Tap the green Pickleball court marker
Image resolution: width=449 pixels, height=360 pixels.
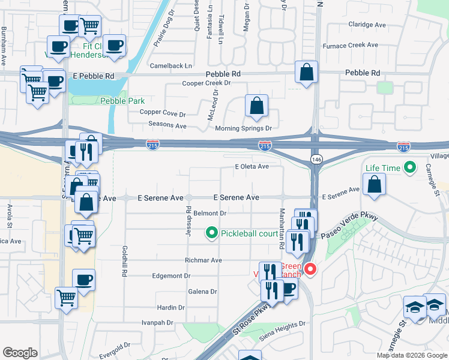click(211, 233)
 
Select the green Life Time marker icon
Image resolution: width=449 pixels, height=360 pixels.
click(411, 168)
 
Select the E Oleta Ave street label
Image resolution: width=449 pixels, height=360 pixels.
click(252, 167)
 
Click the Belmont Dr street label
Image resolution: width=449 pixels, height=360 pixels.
click(209, 213)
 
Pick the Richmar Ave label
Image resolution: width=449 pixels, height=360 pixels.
click(204, 260)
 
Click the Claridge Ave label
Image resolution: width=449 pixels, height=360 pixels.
click(367, 25)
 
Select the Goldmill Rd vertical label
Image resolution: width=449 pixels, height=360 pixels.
click(124, 260)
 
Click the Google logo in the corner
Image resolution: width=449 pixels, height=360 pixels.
click(20, 353)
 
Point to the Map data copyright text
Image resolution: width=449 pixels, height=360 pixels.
click(412, 355)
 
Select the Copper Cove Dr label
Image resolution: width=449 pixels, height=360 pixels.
click(163, 112)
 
